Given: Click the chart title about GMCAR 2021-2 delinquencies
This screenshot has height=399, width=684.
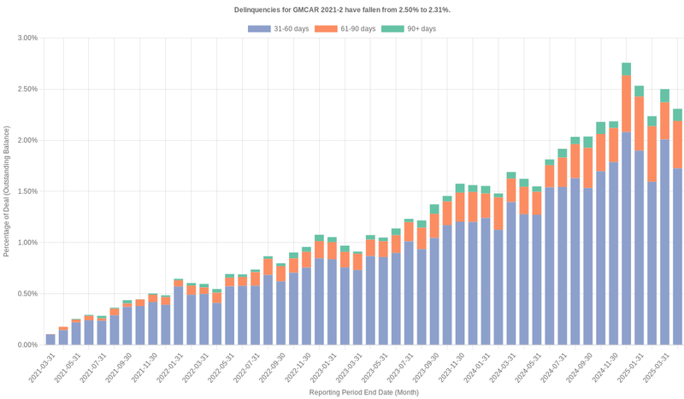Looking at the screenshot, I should pos(342,9).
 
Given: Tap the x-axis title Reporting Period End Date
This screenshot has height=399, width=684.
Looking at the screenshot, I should pos(363,392).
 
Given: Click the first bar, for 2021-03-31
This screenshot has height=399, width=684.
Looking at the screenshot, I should pos(50,339).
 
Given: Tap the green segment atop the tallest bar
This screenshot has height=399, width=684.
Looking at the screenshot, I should pos(627,69).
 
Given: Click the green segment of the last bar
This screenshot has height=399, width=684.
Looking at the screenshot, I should pos(677,114).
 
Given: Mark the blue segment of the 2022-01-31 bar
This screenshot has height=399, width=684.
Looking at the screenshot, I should pos(179,315).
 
